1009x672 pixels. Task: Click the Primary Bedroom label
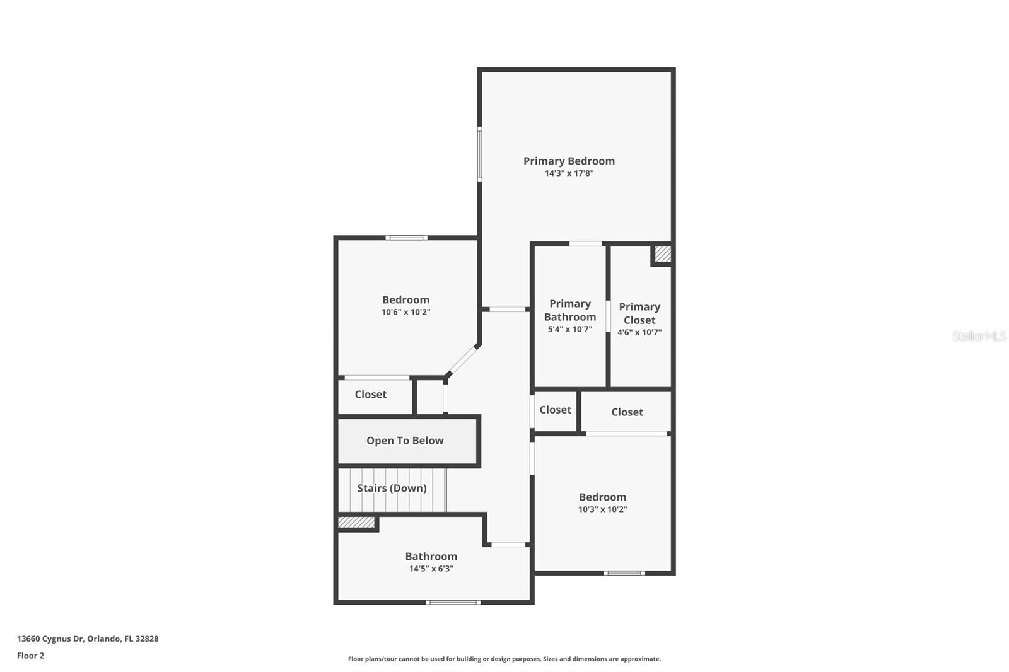(569, 161)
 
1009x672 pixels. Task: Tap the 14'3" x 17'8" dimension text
(569, 173)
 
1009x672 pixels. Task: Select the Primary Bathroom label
(570, 310)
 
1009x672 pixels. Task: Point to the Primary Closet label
(639, 313)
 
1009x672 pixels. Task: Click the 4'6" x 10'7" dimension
(639, 332)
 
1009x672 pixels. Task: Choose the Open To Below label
(405, 441)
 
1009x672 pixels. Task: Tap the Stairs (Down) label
(392, 488)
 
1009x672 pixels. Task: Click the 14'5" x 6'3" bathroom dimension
(431, 569)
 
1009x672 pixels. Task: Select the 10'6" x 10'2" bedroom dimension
(406, 312)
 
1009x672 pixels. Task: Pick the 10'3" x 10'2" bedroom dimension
(603, 509)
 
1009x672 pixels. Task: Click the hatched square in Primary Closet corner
(663, 254)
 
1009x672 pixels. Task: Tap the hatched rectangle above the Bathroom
(356, 522)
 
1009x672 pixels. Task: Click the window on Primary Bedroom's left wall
(480, 154)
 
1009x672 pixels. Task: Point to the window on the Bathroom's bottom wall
(453, 602)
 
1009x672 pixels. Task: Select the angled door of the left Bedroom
(463, 360)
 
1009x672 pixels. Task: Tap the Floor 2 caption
(31, 656)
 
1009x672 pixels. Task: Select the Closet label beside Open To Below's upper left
(371, 395)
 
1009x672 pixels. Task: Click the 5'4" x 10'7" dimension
(570, 329)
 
